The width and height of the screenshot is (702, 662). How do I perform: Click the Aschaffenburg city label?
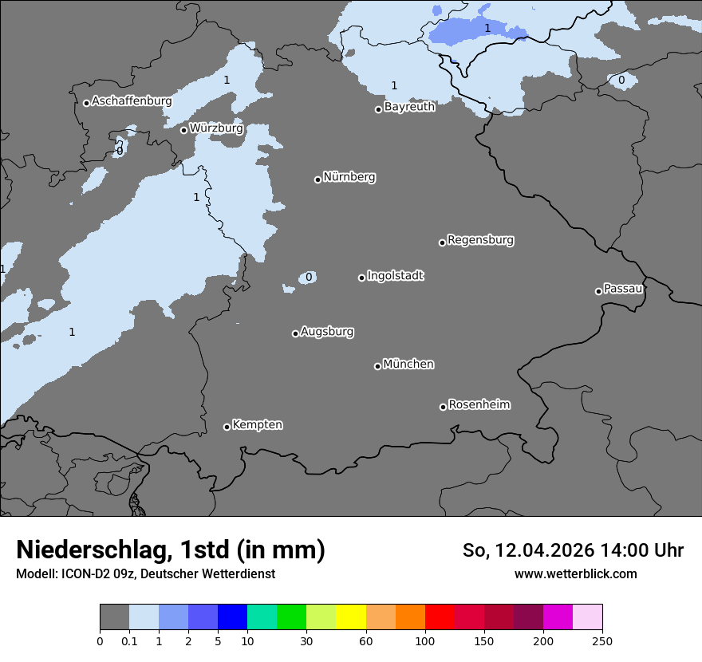[132, 101]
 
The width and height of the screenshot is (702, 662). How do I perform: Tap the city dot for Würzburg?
[183, 130]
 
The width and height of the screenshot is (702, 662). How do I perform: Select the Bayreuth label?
[409, 107]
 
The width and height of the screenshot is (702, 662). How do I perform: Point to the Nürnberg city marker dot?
[317, 179]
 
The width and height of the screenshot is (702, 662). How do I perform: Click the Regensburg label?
[480, 240]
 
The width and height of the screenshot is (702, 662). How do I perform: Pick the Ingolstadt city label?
[395, 276]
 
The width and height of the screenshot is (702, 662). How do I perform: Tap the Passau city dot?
[598, 291]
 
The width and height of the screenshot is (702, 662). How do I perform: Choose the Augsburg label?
[327, 332]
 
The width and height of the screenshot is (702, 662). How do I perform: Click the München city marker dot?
[377, 366]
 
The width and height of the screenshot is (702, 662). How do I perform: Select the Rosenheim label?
[479, 405]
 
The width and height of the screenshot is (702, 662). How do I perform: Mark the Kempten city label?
[257, 425]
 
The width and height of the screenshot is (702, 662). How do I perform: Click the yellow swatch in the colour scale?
[351, 617]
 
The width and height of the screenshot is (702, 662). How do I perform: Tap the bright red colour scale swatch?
[440, 617]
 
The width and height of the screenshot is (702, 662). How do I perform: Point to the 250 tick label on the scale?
[602, 640]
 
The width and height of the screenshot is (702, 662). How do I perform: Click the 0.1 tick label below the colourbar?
[129, 640]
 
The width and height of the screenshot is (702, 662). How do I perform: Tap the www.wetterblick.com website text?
[575, 573]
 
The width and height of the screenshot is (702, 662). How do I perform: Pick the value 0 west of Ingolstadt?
[309, 278]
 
